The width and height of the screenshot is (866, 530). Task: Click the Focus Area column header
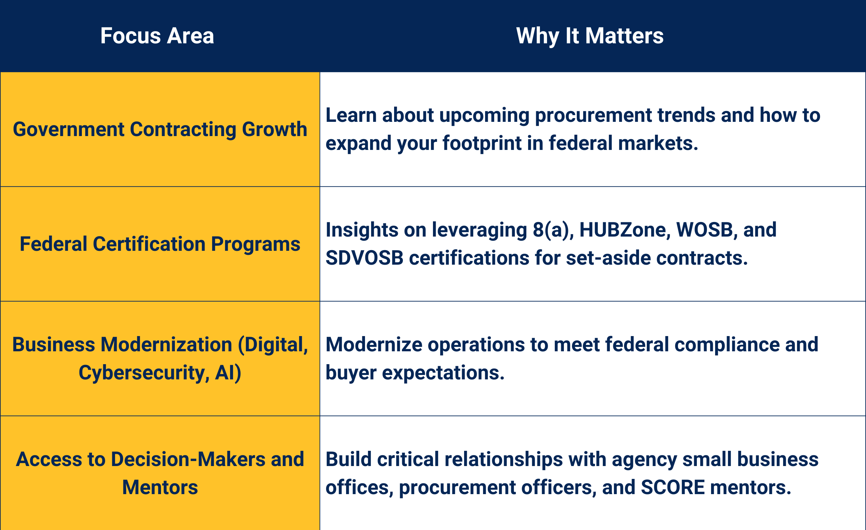[157, 36]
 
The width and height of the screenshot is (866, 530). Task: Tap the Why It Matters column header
[589, 36]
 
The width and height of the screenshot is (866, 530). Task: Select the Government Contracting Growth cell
[160, 129]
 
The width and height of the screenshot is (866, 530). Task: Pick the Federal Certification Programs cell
[160, 244]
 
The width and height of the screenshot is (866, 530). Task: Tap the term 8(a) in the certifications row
[553, 230]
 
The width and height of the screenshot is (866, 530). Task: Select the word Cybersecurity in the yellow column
[141, 373]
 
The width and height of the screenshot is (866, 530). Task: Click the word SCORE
[673, 487]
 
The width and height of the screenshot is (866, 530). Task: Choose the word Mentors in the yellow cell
[160, 487]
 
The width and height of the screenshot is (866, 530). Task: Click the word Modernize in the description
[373, 345]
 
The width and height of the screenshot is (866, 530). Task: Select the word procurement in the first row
[593, 115]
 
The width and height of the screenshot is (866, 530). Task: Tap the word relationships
[503, 459]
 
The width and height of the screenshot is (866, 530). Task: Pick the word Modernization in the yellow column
[166, 345]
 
